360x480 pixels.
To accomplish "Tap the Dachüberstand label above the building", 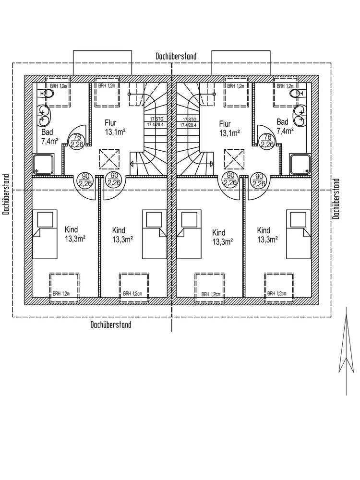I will coord(176,56).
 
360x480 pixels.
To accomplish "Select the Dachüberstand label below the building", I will coord(111,324).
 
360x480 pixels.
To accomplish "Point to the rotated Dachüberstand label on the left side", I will coord(6,194).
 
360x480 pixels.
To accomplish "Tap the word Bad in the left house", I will coord(47,132).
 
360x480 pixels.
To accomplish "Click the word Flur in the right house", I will coord(225,123).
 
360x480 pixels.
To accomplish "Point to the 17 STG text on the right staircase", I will coord(189,119).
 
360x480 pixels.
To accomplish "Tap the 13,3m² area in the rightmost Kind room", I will coord(267,240).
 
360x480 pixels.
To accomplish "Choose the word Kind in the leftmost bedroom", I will coord(71,230).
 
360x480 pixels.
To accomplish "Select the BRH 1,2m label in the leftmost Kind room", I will coord(61,293).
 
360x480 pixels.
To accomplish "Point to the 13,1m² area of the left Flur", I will coord(115,132).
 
